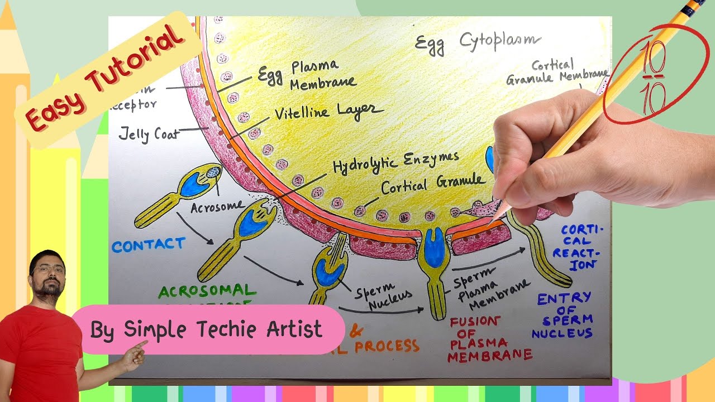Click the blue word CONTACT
[x=148, y=245]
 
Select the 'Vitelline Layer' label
[x=326, y=112]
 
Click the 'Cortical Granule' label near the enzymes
[x=433, y=184]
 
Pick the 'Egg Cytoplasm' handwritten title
[x=478, y=41]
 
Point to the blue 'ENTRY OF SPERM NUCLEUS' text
[x=563, y=315]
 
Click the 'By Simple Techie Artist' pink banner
[x=207, y=329]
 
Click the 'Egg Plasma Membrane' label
[x=307, y=74]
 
